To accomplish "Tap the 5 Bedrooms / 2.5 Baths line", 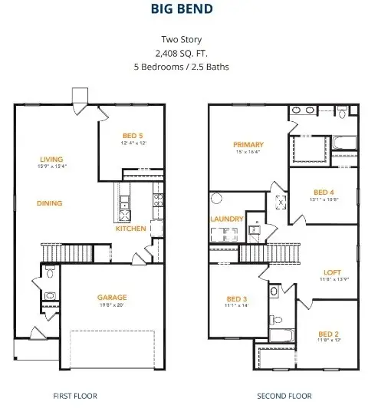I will (189, 67).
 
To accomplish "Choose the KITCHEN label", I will (130, 229).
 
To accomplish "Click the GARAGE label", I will (112, 297).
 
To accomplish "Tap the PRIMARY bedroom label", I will (248, 144).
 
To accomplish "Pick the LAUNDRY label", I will (227, 219).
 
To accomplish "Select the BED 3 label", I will (237, 299).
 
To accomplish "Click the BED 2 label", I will (328, 334).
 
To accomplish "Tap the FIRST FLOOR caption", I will (75, 396).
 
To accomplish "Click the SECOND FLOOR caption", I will (284, 396).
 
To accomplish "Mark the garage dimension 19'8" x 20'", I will (112, 305).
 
